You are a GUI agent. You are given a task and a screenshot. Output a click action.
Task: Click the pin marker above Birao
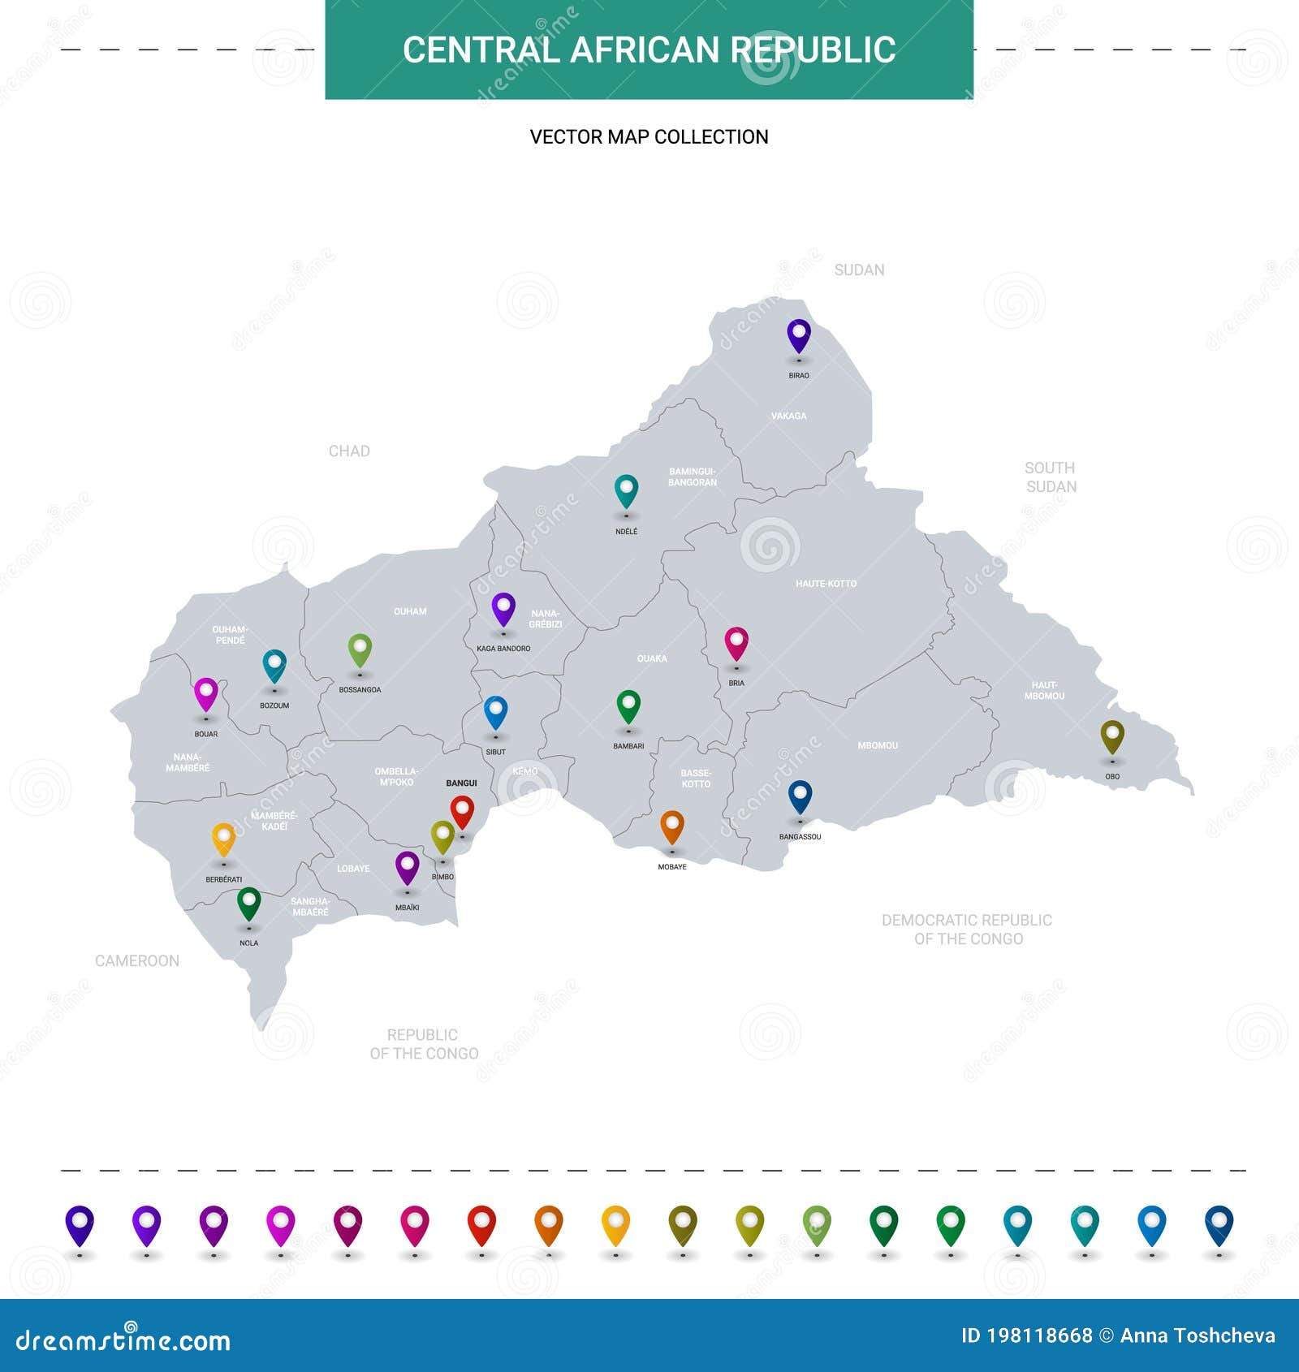coord(799,336)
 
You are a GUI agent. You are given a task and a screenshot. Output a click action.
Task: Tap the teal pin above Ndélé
coord(626,491)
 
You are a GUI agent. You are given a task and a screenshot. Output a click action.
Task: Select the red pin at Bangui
coord(462,811)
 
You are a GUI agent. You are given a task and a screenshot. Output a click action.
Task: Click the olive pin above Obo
coord(1112,736)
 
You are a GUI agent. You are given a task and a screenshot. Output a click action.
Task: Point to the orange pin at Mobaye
coord(672,826)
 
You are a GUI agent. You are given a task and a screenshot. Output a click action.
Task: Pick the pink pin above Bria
coord(736,643)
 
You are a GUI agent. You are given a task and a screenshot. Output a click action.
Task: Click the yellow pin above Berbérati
coord(223,839)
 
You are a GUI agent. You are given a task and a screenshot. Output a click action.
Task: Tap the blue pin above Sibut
coord(495,712)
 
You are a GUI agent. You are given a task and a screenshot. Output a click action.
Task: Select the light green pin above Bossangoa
coord(360,649)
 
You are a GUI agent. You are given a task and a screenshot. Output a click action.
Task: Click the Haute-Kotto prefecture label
coord(826,584)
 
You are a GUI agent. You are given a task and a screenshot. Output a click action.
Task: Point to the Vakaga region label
coord(788,416)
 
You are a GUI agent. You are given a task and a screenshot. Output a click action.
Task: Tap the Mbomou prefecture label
coord(878,745)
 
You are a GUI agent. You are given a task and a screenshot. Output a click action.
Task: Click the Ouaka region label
coord(652,658)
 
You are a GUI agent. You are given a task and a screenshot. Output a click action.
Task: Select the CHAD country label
coord(349,451)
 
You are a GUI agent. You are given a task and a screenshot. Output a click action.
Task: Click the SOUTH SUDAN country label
coord(1051,477)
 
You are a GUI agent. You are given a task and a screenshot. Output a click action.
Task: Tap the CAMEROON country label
coord(137,961)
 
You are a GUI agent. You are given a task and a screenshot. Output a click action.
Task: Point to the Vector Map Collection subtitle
coord(649,137)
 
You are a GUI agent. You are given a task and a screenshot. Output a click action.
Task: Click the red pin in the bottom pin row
coord(481,1225)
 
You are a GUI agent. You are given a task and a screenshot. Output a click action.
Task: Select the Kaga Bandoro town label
coord(503,649)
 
